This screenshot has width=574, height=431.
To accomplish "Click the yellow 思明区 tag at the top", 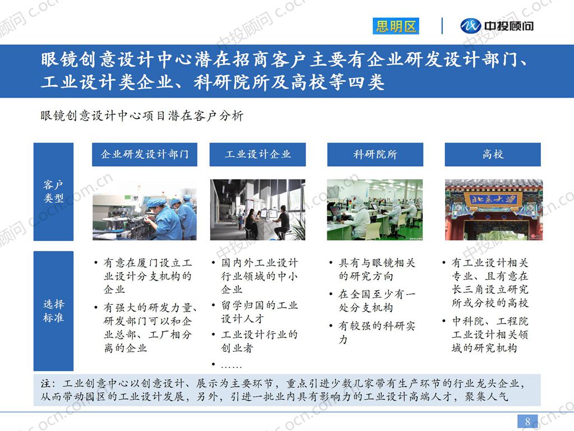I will click(x=396, y=26).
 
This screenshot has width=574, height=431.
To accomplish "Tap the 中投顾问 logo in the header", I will click(x=497, y=26).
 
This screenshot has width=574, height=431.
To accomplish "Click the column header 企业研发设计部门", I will click(x=145, y=154).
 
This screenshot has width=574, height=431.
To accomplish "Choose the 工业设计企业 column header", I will click(x=258, y=154).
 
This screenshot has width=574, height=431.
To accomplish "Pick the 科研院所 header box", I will click(x=375, y=154).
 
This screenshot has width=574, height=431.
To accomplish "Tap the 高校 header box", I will click(x=493, y=154).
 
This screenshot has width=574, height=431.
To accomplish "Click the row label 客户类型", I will click(x=53, y=191).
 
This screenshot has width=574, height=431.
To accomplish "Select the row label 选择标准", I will click(x=53, y=311).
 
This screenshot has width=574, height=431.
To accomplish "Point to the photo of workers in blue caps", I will click(x=145, y=210).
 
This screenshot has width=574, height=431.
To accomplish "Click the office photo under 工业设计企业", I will click(x=258, y=210).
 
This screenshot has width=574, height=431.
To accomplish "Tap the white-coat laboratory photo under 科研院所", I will click(x=375, y=210).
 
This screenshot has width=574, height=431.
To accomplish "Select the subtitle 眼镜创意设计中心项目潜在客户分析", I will click(x=142, y=116).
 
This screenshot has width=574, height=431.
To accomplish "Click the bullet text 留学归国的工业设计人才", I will click(x=260, y=312).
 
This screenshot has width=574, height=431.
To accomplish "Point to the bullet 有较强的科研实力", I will click(x=377, y=332).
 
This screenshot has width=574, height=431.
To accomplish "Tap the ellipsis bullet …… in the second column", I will click(x=232, y=366).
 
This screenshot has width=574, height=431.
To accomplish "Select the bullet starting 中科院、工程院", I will click(x=490, y=334).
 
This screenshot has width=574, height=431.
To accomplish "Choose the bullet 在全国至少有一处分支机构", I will click(x=377, y=301).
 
